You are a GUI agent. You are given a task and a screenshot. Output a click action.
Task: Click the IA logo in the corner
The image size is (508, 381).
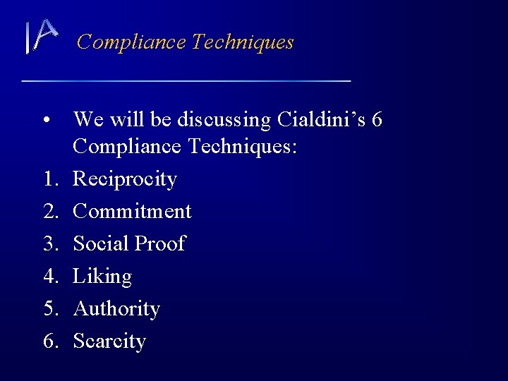click(x=40, y=37)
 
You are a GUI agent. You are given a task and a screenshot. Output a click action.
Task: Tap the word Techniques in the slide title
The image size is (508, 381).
click(x=243, y=42)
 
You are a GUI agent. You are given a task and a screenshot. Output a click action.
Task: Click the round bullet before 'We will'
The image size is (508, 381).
click(x=46, y=121)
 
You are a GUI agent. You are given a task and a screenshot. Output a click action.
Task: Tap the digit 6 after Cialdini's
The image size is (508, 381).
click(x=377, y=120)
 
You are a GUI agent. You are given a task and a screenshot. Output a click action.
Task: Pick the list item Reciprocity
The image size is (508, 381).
click(x=125, y=179)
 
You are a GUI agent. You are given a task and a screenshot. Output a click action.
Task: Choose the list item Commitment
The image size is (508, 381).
click(x=132, y=211)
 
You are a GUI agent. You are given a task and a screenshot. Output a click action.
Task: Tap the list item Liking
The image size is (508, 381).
click(x=102, y=277)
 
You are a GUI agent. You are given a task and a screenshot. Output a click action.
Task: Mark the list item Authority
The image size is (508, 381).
click(x=116, y=309)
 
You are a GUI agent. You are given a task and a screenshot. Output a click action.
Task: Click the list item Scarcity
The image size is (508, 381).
click(x=109, y=341)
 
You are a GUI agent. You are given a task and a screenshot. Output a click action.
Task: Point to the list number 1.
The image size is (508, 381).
click(x=49, y=179)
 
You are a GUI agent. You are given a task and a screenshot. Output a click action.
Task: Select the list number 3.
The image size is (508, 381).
click(x=49, y=243)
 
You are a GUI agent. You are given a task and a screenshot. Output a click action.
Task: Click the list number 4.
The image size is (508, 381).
click(x=49, y=276)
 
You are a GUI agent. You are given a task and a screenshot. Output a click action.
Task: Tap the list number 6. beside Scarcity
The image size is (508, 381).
click(x=49, y=341)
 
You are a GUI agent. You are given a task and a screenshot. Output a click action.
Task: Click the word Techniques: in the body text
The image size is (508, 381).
click(x=244, y=147)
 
